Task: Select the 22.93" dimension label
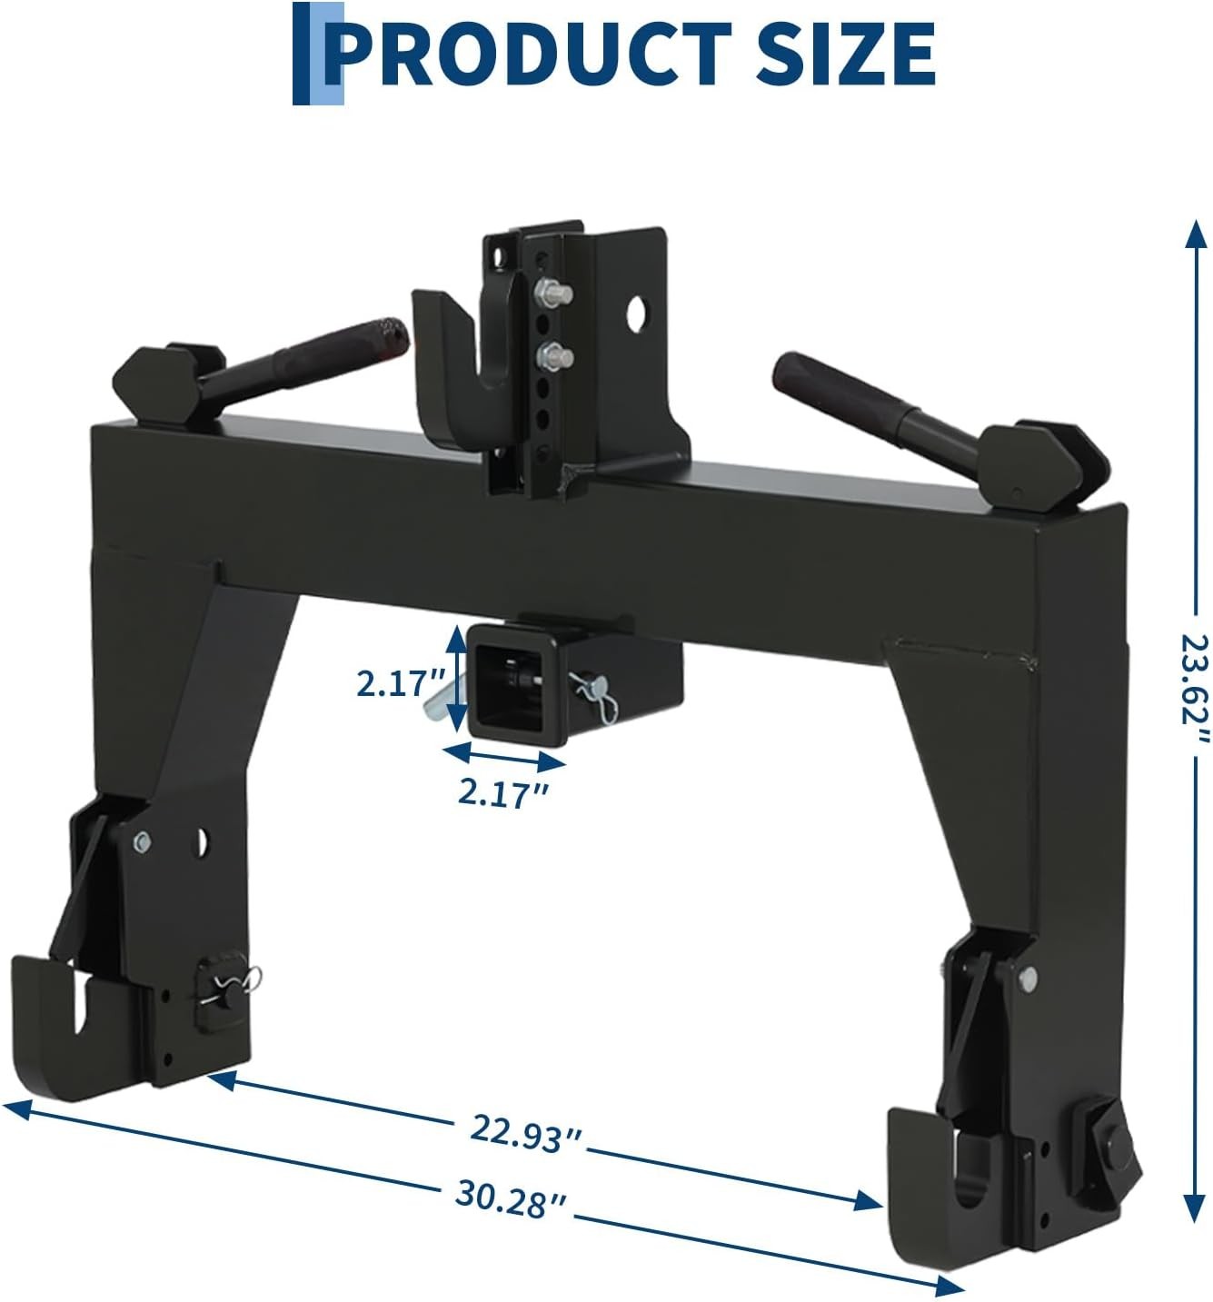[x=526, y=1135]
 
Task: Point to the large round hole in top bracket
[x=641, y=313]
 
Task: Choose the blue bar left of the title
[x=318, y=53]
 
